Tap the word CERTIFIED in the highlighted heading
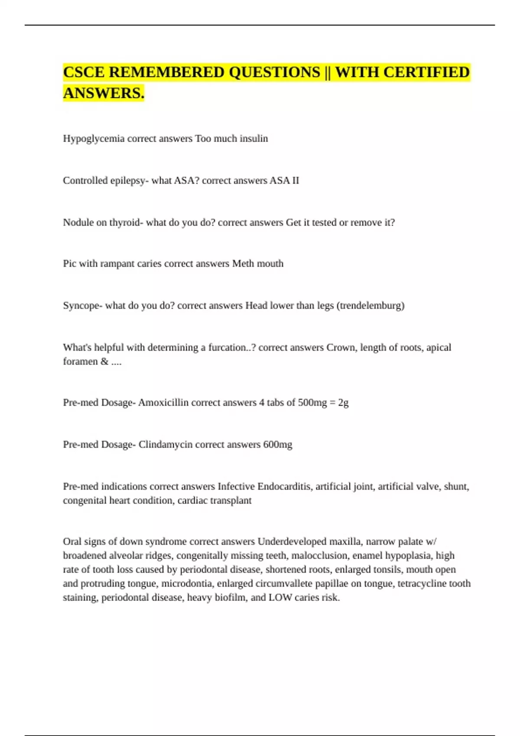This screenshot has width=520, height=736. pos(426,72)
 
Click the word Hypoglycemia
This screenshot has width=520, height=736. pos(94,139)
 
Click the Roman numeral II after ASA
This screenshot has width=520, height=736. pos(296,181)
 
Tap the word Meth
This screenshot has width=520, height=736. pos(243,264)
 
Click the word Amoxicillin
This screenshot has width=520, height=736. pos(163,403)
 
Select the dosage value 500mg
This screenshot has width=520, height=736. pos(312,403)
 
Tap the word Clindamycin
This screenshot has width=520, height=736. pos(166,445)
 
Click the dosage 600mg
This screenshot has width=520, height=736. pos(278,445)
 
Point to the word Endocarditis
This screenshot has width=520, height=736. pos(285,487)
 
